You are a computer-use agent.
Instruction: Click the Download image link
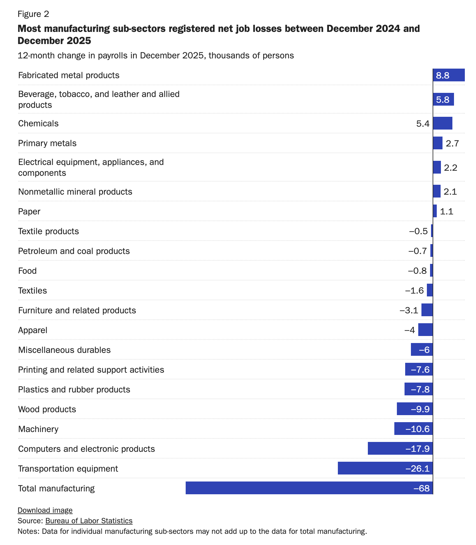click(45, 510)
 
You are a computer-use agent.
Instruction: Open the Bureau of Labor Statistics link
click(89, 521)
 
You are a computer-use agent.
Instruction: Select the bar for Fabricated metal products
click(449, 75)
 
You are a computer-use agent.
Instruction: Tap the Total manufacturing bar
click(309, 488)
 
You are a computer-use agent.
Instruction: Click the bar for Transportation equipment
click(385, 468)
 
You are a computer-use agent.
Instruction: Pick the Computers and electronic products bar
click(400, 449)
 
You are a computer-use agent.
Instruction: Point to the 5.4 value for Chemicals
click(423, 123)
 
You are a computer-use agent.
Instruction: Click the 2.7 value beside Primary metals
click(452, 143)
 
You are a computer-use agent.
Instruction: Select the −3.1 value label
click(409, 310)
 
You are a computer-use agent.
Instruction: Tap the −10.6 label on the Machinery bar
click(418, 429)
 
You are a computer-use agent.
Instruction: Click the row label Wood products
click(47, 409)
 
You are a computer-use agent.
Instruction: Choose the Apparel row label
click(33, 330)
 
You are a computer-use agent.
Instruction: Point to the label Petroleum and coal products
click(74, 251)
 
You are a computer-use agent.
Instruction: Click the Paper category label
click(29, 212)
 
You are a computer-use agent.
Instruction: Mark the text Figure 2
click(33, 14)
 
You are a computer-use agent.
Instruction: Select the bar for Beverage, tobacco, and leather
click(443, 100)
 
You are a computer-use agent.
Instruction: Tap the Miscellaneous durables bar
click(421, 350)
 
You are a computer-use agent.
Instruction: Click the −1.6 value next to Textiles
click(414, 291)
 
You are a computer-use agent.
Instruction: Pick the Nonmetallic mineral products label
click(75, 192)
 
